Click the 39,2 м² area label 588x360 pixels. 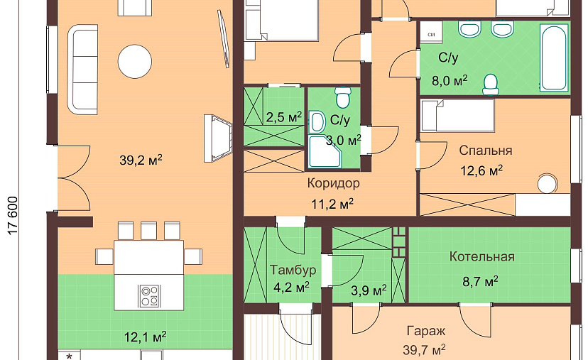[141, 160]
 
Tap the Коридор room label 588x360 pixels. [333, 183]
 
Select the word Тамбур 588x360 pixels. [293, 270]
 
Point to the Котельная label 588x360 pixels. [482, 257]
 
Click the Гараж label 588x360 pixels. [426, 331]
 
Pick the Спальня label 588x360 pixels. [486, 151]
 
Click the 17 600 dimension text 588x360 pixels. [13, 216]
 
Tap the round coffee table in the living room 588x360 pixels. [135, 61]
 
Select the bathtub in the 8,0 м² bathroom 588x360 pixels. [553, 57]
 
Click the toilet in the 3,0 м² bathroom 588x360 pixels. [343, 97]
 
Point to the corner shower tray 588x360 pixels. [325, 151]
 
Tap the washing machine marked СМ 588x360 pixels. [431, 30]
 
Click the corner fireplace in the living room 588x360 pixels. [217, 138]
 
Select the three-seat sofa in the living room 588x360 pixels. [82, 70]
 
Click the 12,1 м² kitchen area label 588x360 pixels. [145, 337]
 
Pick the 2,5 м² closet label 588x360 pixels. [284, 117]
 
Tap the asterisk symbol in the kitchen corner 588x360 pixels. [69, 356]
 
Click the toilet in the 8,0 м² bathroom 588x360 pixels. [490, 84]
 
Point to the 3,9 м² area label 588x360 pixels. [369, 290]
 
